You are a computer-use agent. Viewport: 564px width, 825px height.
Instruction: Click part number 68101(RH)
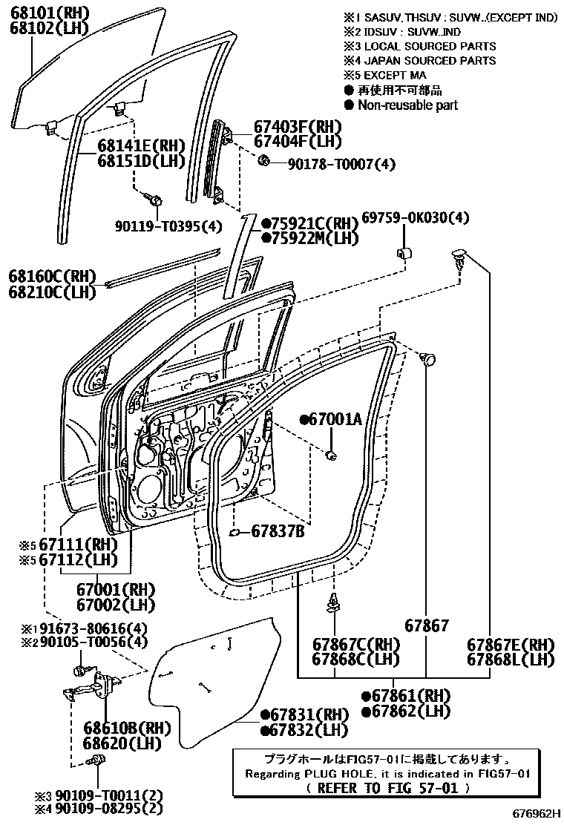click(x=48, y=13)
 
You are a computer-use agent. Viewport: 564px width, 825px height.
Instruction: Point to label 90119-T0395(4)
click(x=168, y=226)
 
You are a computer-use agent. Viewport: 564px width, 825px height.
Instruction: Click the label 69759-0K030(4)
click(x=416, y=218)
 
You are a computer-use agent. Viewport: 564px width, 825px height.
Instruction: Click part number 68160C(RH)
click(x=53, y=276)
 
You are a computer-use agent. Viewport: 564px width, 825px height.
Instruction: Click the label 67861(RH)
click(x=412, y=696)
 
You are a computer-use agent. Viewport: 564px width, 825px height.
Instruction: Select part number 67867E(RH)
click(x=511, y=644)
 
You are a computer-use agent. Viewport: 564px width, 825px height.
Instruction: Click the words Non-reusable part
click(x=407, y=105)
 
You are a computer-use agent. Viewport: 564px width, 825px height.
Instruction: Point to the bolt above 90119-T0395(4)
click(x=155, y=198)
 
